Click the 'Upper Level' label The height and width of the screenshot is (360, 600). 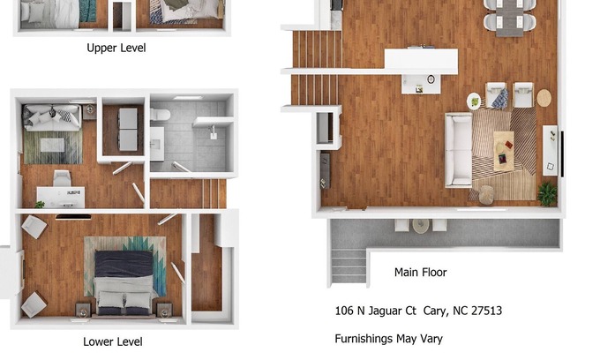[x=116, y=48]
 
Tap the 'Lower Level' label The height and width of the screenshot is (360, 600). [x=113, y=341]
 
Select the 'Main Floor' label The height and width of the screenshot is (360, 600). [x=421, y=273]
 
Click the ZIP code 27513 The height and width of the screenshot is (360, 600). [x=486, y=311]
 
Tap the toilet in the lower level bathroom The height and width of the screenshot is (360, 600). [x=160, y=114]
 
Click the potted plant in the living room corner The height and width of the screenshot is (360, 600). [x=547, y=193]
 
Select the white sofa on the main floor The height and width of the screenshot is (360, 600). [x=458, y=150]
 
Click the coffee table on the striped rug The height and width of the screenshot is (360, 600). [x=504, y=151]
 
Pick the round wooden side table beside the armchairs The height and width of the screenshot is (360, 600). [x=544, y=98]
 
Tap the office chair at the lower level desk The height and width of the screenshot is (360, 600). [x=62, y=178]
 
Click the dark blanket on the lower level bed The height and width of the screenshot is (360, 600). [x=124, y=264]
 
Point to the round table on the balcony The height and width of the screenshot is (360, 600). [x=420, y=226]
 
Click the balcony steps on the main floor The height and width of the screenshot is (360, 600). [x=349, y=266]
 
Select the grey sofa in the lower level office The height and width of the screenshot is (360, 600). [x=52, y=118]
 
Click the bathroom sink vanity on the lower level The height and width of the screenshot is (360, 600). [x=157, y=144]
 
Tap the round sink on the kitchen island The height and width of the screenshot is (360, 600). [x=431, y=79]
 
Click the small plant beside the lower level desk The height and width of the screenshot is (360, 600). [x=40, y=205]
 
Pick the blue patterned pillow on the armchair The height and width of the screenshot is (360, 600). [x=499, y=98]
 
